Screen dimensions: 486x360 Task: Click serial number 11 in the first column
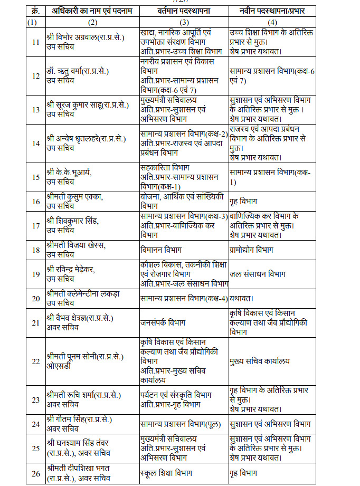point(36,42)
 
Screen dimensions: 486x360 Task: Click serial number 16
point(36,201)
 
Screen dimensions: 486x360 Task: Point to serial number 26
point(36,473)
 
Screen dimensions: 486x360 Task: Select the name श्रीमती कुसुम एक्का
point(74,197)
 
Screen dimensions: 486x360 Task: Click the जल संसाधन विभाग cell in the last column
point(258,274)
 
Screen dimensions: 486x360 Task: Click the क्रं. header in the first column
point(35,11)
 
